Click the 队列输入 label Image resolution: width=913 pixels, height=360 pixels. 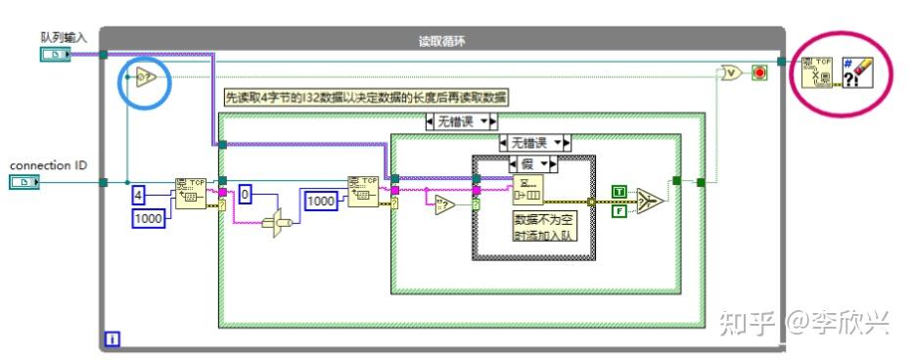tap(64, 37)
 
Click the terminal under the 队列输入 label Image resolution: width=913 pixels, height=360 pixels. tap(55, 54)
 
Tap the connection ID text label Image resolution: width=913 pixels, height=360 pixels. tap(48, 165)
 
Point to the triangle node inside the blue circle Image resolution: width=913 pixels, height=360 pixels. tap(145, 78)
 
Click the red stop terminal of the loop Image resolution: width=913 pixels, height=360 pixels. tap(758, 72)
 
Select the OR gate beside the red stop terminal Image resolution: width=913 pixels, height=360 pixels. tap(730, 72)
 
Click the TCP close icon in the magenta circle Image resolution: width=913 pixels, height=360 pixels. tap(817, 71)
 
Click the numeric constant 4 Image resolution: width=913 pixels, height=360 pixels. tap(140, 196)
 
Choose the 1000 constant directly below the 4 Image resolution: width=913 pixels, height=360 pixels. tap(150, 219)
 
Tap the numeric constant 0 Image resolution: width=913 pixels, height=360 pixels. tap(247, 196)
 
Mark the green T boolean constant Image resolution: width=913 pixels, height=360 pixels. tap(619, 190)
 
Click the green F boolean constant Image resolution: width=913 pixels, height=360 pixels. tap(619, 208)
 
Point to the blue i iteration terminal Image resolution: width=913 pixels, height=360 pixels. tap(113, 339)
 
